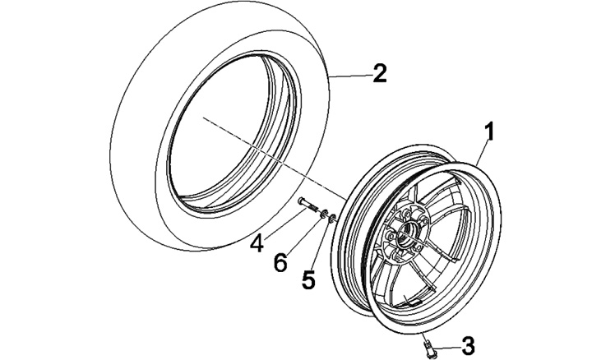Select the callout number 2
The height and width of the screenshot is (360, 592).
[x=378, y=74]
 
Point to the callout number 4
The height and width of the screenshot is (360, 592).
[x=257, y=243]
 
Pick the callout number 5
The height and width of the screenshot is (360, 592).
[x=308, y=279]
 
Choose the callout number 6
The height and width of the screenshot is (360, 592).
[x=280, y=263]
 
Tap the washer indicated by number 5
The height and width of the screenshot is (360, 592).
[x=333, y=219]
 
